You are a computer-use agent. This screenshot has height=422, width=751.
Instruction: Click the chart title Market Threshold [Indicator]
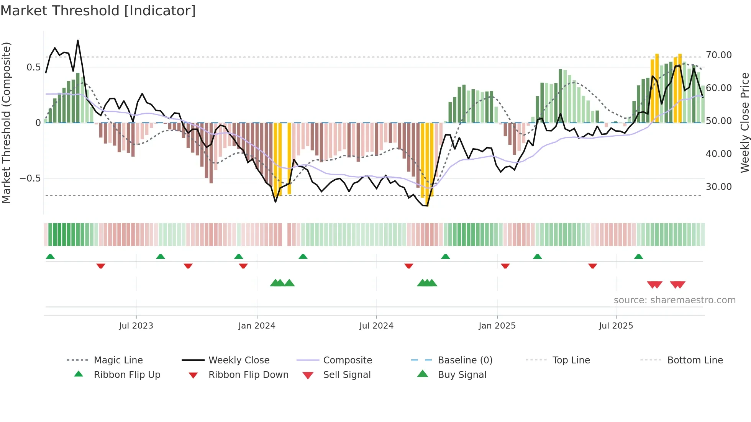coord(98,11)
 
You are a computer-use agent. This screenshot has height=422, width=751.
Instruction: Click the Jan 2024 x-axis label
coord(257,325)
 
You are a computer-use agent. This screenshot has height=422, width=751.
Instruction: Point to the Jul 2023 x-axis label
coord(136,325)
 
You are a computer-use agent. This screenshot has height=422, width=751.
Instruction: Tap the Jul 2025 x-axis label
coord(616,325)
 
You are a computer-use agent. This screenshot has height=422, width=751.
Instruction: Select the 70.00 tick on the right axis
coord(718,55)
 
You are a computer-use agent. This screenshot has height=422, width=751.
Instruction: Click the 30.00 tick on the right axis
coord(718,187)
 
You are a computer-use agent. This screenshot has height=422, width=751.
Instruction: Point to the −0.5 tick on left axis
coord(30,178)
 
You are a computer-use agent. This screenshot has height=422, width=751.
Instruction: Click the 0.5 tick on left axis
coord(33,67)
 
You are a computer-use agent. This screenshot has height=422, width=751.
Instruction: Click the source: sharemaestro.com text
coord(674,300)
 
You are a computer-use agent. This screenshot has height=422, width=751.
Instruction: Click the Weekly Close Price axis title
coord(744,123)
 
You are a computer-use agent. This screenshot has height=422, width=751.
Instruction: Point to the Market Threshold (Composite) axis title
coord(6,123)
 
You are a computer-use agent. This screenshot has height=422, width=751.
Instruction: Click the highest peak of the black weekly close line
coord(78,40)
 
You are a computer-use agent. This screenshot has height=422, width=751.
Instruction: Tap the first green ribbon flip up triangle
coord(50,256)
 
